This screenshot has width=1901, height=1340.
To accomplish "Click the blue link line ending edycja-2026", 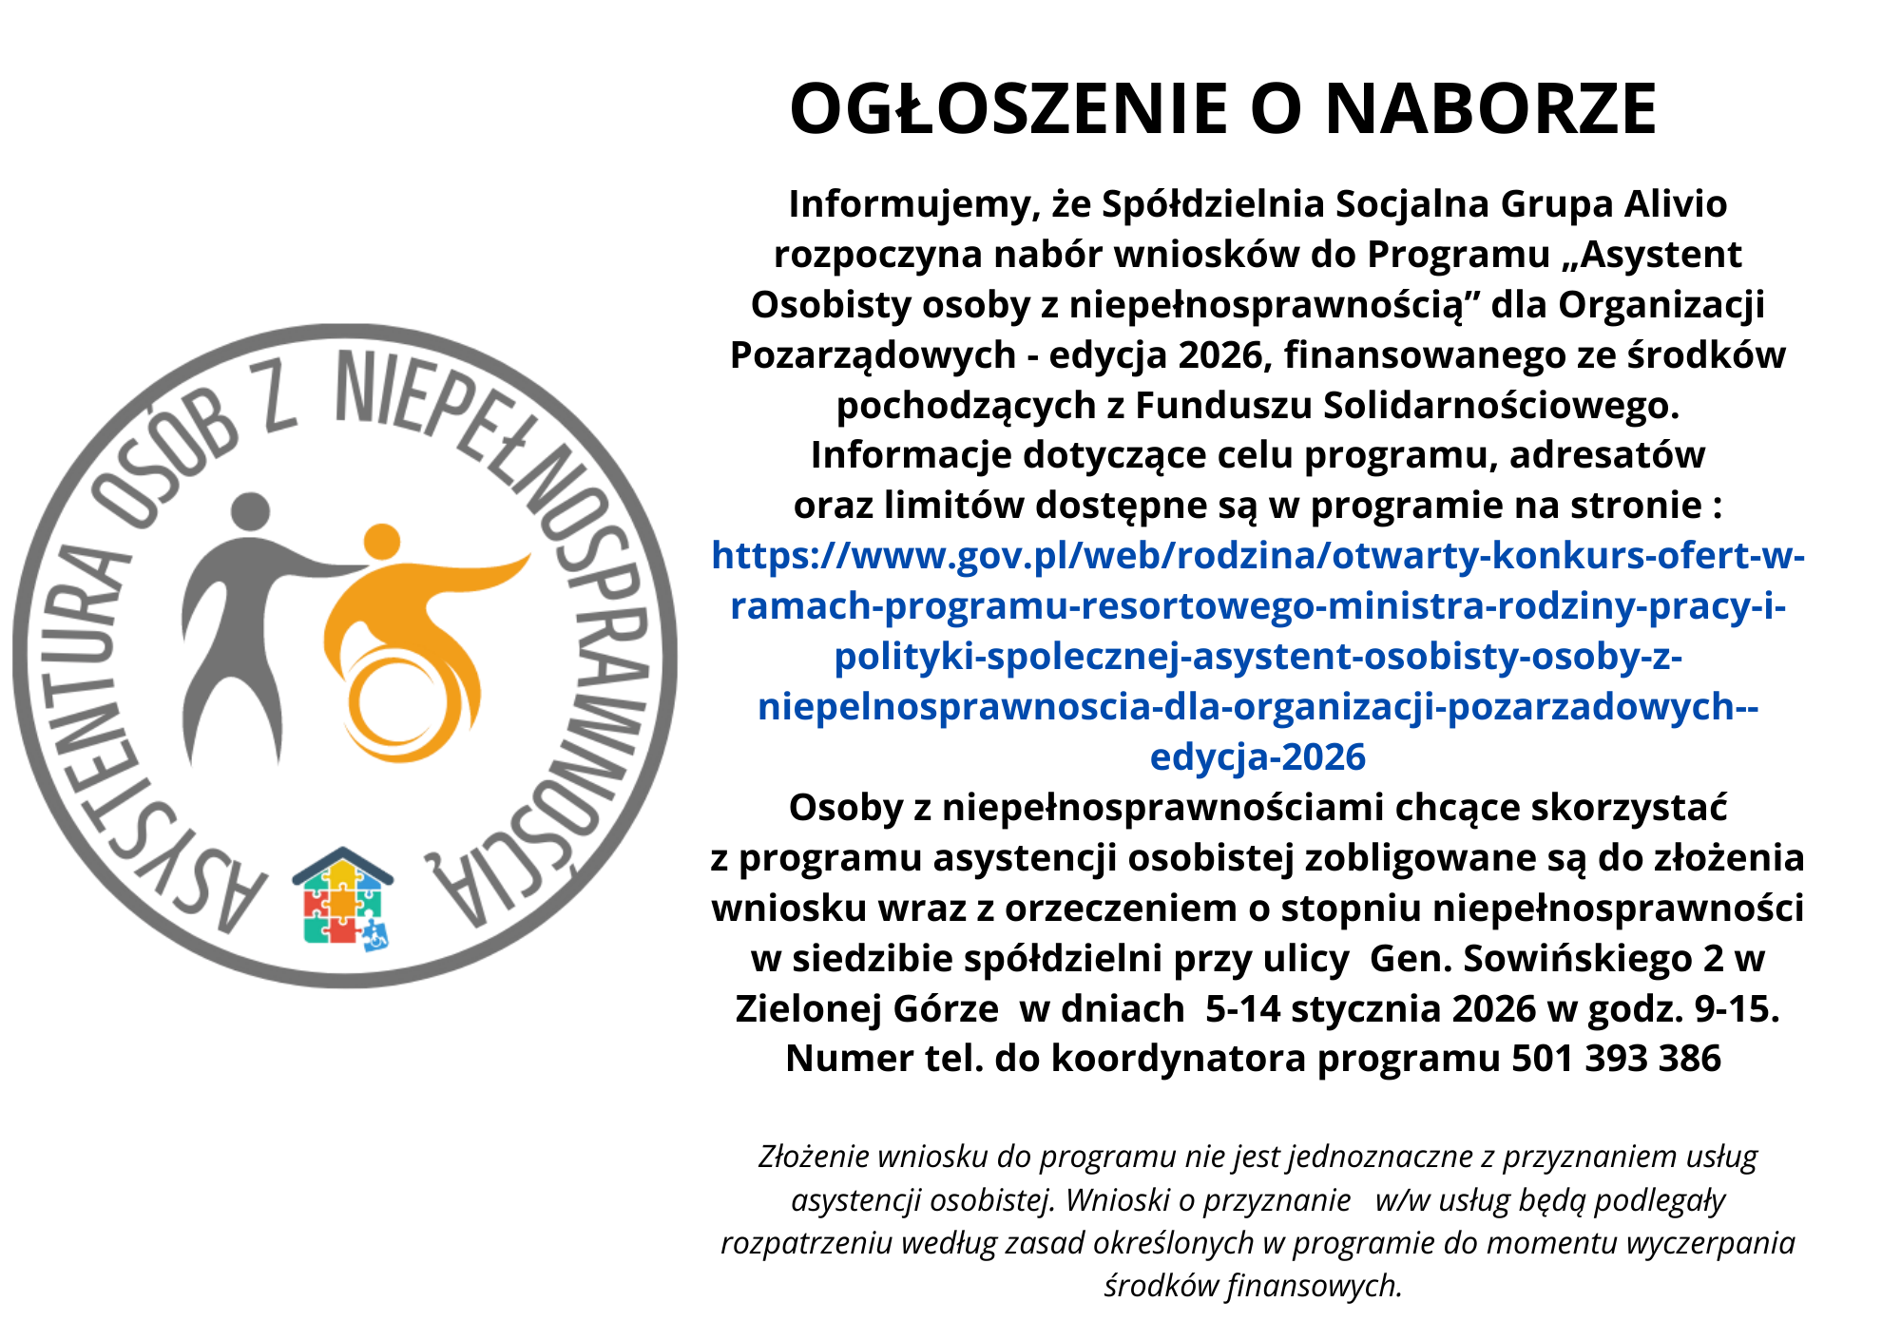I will pos(1257,757).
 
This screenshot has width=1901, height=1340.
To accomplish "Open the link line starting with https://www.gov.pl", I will pos(1257,556).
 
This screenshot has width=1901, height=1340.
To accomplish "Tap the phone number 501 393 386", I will pos(1616,1059).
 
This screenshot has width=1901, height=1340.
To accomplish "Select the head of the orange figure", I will pos(382,543).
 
